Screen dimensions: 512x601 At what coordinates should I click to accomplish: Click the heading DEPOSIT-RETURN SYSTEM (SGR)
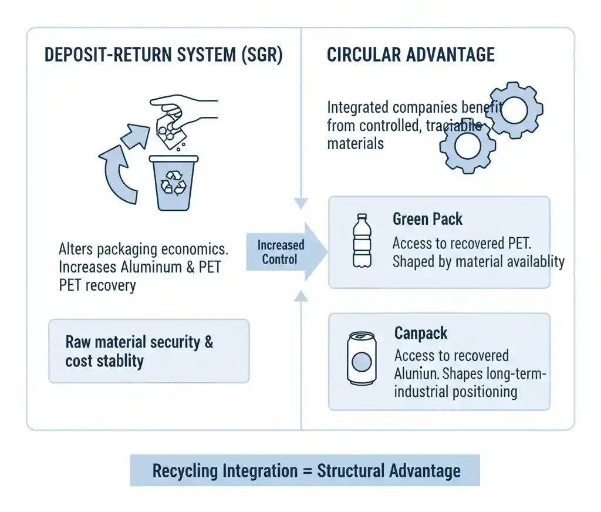coord(163,55)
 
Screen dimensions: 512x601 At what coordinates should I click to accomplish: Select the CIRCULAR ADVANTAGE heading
coord(410,55)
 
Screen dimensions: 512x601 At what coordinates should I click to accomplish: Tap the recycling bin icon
coord(174,182)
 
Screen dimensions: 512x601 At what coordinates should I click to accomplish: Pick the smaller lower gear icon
coord(468,146)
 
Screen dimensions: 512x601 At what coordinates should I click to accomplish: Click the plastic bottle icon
coord(362,241)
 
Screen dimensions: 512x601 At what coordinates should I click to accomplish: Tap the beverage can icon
coord(361,359)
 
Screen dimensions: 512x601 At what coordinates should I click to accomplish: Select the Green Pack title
coord(427,220)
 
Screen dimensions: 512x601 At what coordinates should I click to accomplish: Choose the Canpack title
coord(421,334)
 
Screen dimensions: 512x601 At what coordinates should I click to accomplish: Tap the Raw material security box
coord(149,351)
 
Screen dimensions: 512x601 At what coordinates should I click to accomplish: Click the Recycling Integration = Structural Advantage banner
coord(305,470)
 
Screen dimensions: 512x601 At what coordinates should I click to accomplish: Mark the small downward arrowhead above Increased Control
coord(301,204)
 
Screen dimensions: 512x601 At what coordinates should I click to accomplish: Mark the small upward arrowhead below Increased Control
coord(301,296)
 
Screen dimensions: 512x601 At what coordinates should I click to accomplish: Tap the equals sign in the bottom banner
coord(307,470)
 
